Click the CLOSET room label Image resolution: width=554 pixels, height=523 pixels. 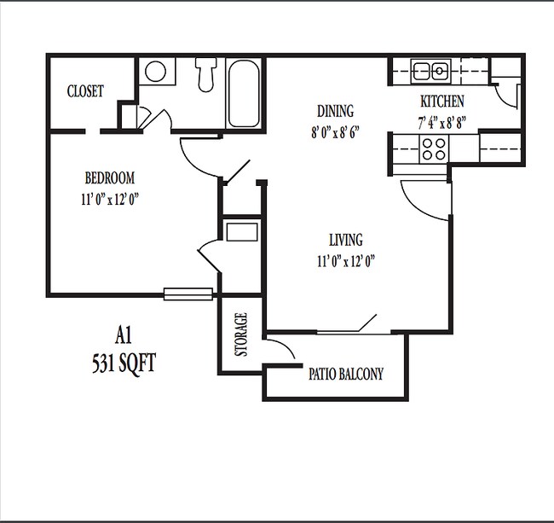85,91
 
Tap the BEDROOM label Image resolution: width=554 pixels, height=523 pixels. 110,178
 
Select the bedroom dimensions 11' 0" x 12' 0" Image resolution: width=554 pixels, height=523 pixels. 111,200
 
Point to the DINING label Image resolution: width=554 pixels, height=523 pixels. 335,111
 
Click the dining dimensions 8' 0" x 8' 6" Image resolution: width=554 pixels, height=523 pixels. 335,132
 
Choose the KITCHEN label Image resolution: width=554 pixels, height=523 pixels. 441,102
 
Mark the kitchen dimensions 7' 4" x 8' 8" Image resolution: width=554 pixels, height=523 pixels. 441,122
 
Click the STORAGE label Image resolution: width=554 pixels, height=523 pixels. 241,334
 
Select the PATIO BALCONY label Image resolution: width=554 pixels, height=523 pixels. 345,374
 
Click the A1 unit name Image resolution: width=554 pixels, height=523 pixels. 125,334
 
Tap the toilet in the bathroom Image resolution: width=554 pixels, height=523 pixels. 205,73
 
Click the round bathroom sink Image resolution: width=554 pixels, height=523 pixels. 155,71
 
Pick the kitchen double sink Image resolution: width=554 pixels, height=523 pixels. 430,69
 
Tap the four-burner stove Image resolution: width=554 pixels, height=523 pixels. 433,149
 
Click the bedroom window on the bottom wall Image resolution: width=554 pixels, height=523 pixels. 187,294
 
